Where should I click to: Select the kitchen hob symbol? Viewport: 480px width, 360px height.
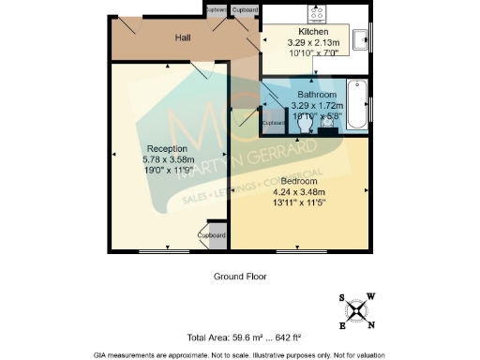[315, 14]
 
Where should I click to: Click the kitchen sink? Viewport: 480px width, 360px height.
[360, 38]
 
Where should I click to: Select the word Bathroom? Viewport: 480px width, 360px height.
[317, 96]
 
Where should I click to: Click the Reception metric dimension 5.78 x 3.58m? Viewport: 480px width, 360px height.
[167, 159]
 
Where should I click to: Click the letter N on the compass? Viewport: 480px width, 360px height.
[372, 325]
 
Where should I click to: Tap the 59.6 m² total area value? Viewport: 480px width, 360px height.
[249, 337]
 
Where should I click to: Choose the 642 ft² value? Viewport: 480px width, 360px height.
[297, 337]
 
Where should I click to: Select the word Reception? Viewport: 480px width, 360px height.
[167, 149]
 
